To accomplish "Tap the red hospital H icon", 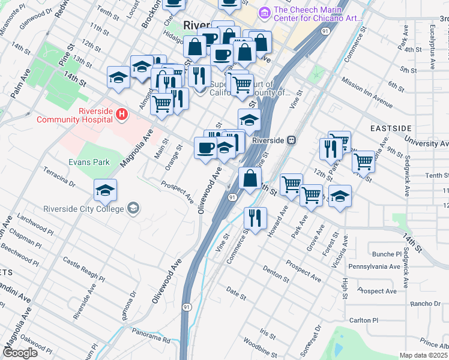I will (x=122, y=113).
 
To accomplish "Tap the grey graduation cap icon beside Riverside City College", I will (x=133, y=209).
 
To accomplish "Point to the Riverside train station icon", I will (x=291, y=140).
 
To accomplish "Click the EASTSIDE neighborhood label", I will (x=391, y=129).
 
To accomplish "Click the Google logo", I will (x=20, y=353).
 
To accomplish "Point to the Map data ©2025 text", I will (x=423, y=355).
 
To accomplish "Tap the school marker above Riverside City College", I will (x=105, y=191).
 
